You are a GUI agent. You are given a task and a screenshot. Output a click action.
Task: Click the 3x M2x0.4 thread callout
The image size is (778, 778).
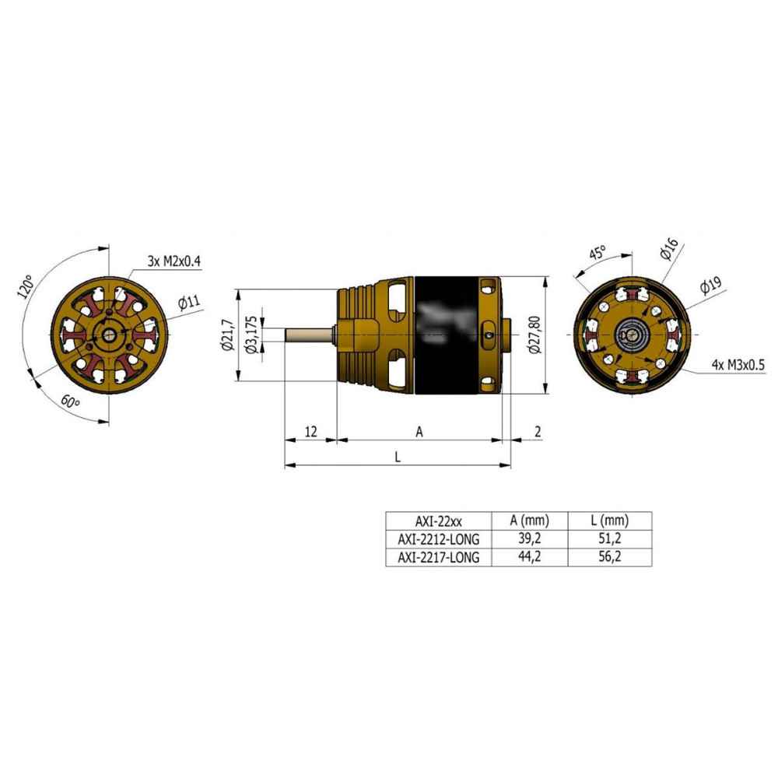click(174, 261)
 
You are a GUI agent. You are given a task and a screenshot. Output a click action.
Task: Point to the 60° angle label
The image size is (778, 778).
click(70, 401)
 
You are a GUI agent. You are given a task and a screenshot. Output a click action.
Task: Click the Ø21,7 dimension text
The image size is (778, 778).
click(228, 335)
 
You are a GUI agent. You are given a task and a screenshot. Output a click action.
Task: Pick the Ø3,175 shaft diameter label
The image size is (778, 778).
click(251, 335)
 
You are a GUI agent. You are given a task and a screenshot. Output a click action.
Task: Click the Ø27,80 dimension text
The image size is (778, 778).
click(535, 335)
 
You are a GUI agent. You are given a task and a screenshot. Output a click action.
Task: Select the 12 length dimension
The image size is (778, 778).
click(310, 432)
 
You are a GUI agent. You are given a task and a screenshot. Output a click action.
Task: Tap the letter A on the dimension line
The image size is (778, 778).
click(419, 432)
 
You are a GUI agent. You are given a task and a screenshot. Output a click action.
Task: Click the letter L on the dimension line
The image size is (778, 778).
click(398, 457)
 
